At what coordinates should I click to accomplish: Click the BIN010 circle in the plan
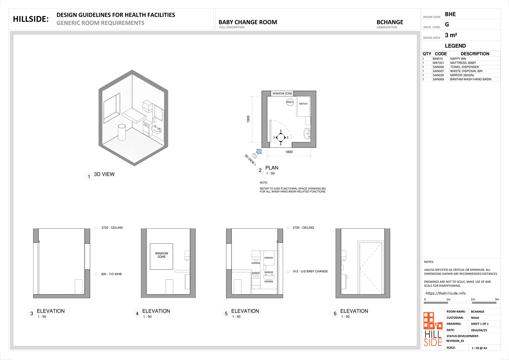point(290,102)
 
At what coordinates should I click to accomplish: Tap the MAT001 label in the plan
point(303,104)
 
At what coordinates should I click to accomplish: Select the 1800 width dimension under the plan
point(289,152)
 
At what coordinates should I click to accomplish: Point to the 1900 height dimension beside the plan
point(248,119)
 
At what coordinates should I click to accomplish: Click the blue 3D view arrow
point(259,152)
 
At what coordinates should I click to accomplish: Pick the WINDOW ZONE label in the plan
point(282,93)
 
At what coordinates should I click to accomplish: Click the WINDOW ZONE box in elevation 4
point(161,256)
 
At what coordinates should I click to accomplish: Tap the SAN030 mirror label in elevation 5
point(268,258)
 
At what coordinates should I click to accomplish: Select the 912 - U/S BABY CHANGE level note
point(310,271)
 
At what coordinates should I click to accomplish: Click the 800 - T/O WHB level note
point(111,274)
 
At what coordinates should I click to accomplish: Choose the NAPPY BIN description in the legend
point(458,59)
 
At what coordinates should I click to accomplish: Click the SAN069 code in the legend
point(438,79)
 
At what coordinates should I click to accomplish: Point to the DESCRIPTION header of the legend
point(475,54)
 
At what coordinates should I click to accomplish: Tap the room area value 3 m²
point(451,35)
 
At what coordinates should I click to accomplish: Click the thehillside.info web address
point(445,293)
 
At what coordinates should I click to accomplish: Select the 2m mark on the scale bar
point(473,299)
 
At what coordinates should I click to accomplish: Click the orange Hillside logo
point(433,329)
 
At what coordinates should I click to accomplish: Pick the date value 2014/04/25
point(479,330)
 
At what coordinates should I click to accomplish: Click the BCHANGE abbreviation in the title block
point(390,22)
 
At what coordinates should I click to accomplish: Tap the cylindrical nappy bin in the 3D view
point(122,132)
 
